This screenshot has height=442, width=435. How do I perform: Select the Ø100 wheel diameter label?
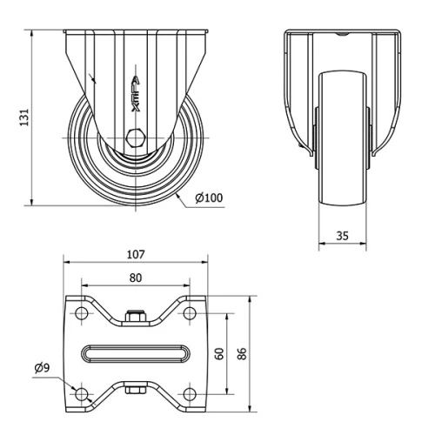209,198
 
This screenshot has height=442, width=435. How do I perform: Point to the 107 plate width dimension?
135,255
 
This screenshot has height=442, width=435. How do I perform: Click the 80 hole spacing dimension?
135,278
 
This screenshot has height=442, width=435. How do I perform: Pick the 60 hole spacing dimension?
221,352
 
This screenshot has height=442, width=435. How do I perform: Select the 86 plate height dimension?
244,352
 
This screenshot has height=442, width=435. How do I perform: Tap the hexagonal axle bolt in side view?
137,137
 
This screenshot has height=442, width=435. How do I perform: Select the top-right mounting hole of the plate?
189,312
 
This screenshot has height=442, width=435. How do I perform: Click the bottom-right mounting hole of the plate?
189,394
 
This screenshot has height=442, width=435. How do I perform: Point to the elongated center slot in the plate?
135,353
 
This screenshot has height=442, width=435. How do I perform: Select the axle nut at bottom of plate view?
135,389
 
